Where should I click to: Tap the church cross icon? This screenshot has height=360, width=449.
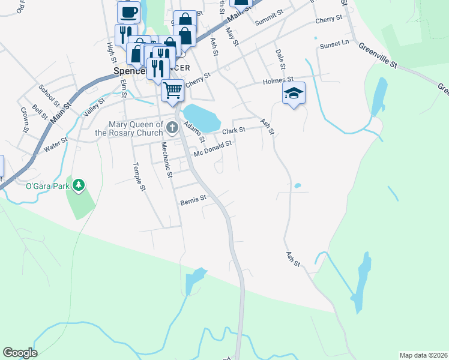(x=172, y=127)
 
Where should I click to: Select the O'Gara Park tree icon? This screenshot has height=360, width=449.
(x=79, y=185)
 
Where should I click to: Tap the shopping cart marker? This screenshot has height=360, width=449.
(x=172, y=91)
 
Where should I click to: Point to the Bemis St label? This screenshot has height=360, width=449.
(x=193, y=199)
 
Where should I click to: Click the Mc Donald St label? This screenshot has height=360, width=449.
(x=212, y=149)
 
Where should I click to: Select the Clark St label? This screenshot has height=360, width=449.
(x=234, y=130)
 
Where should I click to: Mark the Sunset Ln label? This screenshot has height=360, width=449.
(x=334, y=44)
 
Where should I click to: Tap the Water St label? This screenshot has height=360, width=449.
(x=55, y=144)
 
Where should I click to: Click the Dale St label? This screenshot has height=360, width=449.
(x=279, y=58)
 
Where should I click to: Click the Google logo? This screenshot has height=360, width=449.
(x=20, y=353)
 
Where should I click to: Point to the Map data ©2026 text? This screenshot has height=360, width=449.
(x=423, y=355)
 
